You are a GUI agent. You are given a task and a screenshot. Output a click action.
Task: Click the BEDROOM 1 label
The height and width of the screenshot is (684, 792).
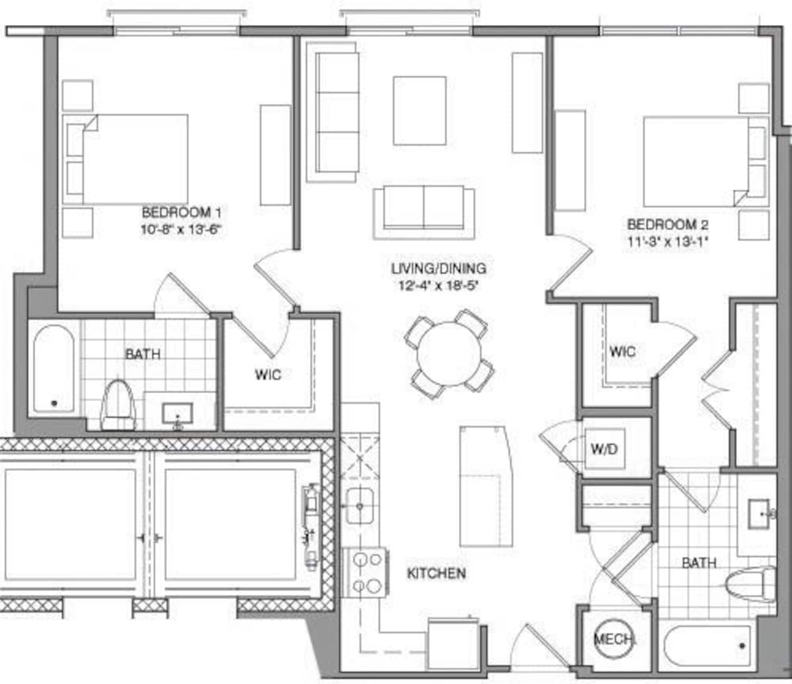click(181, 212)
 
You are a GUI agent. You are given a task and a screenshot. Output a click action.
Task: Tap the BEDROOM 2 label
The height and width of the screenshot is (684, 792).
click(667, 224)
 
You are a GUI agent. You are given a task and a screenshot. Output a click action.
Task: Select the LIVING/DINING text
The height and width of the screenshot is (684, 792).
click(439, 268)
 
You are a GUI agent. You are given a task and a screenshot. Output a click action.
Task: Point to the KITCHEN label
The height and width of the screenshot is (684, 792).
click(436, 573)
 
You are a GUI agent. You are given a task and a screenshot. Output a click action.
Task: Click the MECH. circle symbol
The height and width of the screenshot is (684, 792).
click(614, 638)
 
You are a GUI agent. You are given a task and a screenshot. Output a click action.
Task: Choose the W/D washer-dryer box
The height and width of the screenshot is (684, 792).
click(605, 449)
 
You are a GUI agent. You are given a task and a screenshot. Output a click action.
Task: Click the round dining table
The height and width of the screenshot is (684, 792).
click(449, 354)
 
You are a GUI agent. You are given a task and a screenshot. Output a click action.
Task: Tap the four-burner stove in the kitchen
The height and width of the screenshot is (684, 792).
click(366, 573)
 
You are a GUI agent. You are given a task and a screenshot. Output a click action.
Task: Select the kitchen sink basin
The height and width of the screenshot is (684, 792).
click(360, 506)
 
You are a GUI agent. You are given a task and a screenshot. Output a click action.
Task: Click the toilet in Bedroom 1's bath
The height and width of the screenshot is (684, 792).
click(118, 406)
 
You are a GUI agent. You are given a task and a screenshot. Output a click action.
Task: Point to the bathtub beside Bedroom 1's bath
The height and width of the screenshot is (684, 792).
click(53, 369)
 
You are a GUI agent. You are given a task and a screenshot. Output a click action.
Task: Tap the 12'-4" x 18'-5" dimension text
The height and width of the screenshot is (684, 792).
click(439, 286)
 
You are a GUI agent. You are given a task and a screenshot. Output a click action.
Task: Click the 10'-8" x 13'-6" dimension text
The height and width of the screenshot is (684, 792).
click(181, 230)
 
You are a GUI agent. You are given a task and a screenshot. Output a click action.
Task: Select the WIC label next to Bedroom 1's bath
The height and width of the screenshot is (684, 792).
click(268, 374)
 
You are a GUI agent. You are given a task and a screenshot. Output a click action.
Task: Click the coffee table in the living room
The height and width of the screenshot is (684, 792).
click(420, 111)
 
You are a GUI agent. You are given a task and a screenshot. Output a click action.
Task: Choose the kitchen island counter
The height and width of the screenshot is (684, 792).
click(486, 486)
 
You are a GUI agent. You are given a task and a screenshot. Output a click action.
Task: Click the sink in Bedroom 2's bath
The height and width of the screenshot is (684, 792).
click(758, 514)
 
